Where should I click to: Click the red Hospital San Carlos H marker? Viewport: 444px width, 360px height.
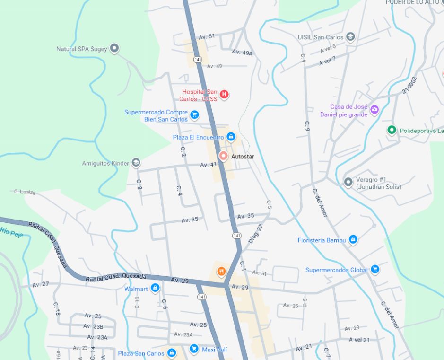[x=225, y=94]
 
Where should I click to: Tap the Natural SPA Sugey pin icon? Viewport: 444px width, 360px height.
[x=114, y=48]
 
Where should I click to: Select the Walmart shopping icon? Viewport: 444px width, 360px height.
[x=155, y=288]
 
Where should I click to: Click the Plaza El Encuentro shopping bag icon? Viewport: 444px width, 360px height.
[x=231, y=137]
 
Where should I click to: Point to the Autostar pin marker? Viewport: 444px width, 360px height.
[x=223, y=156]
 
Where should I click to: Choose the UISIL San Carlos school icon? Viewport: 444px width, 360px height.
[x=350, y=36]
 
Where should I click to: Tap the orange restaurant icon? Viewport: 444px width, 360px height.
[x=221, y=271]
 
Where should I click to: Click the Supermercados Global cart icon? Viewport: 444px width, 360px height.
[x=375, y=269]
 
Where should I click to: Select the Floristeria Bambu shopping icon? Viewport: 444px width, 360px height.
[x=353, y=240]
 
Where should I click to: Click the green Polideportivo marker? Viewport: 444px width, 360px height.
[x=392, y=130]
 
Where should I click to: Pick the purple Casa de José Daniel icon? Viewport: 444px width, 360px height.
[x=374, y=110]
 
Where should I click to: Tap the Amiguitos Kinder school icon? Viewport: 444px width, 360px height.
[x=136, y=163]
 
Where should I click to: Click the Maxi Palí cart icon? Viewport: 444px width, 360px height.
[x=194, y=349]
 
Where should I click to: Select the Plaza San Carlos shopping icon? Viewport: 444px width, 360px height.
[x=172, y=353]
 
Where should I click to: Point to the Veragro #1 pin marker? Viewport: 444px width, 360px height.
[x=348, y=182]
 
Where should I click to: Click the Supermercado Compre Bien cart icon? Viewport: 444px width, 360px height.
[x=194, y=114]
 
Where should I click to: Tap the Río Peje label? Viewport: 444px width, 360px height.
[x=11, y=231]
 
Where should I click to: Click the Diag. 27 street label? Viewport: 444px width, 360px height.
[x=255, y=233]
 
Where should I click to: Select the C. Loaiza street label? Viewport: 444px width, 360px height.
[x=25, y=192]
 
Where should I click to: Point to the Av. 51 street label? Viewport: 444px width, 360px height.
[x=207, y=36]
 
